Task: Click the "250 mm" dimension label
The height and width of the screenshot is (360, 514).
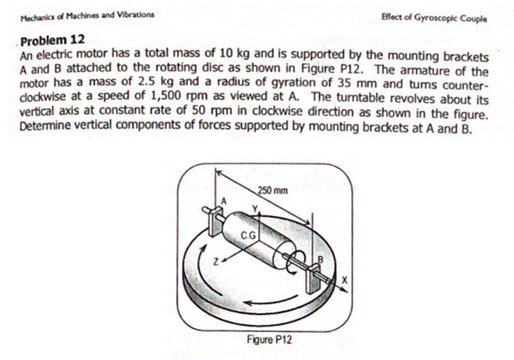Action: (x=273, y=191)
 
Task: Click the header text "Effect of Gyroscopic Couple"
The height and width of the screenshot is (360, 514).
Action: (x=443, y=18)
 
